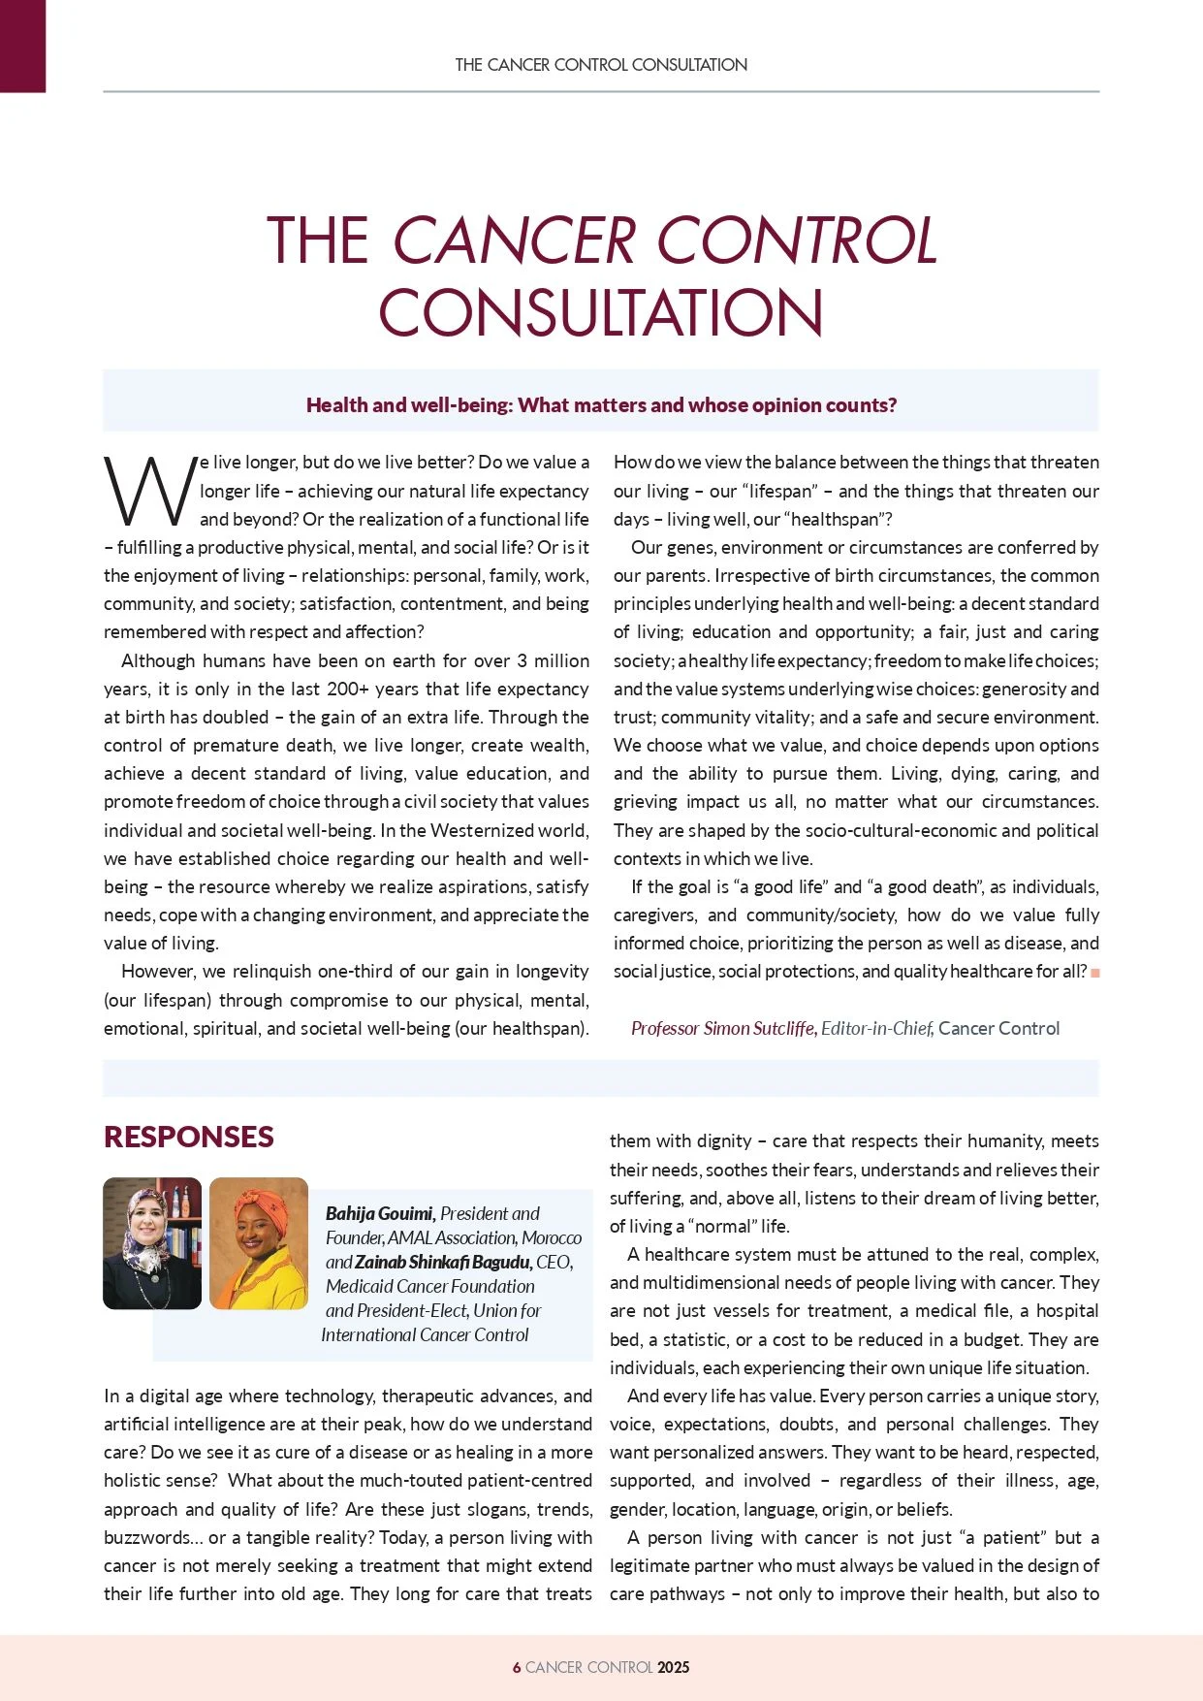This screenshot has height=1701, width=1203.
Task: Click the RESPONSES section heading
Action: tap(189, 1137)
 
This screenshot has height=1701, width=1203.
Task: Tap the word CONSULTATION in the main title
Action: tap(601, 312)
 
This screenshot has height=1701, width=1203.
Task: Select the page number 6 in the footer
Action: tap(517, 1667)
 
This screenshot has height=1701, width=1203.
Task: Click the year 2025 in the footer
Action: tap(673, 1667)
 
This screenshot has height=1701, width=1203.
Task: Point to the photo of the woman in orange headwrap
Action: tap(258, 1243)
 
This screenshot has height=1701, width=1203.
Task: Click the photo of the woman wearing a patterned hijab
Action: tap(152, 1243)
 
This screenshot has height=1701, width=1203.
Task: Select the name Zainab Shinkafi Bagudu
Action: tap(443, 1262)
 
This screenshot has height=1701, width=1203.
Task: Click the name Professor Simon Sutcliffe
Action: tap(723, 1028)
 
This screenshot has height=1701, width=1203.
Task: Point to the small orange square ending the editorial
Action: tap(1095, 973)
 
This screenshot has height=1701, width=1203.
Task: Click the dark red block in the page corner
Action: tap(22, 46)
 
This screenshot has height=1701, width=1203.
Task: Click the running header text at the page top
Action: tap(601, 65)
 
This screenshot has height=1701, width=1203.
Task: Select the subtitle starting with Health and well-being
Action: tap(601, 404)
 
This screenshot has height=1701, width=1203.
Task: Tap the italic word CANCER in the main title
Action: tap(515, 241)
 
